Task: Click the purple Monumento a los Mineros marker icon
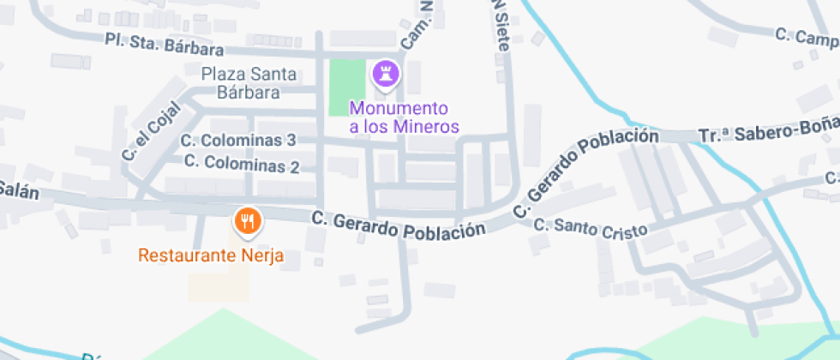385,73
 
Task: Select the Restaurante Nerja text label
211,255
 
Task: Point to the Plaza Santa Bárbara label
249,83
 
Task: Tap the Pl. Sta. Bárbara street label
164,45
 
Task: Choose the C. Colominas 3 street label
239,140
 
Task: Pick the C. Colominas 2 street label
241,162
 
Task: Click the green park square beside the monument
347,87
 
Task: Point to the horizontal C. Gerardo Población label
398,225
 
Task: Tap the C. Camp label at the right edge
806,37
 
